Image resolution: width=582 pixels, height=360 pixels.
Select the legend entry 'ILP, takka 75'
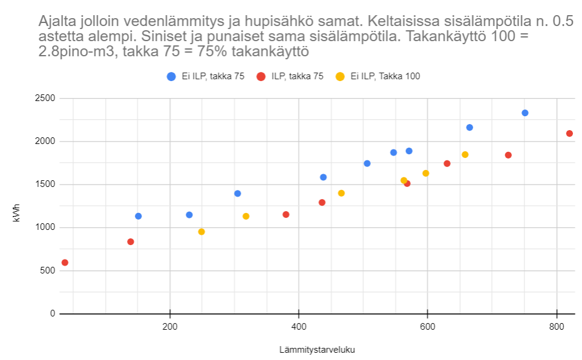[x=297, y=76]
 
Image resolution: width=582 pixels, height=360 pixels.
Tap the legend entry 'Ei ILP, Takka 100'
[x=385, y=76]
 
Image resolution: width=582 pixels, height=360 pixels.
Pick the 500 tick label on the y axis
[x=47, y=270]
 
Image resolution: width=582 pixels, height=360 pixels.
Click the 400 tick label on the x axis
[x=298, y=327]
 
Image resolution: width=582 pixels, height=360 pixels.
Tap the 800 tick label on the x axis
[x=556, y=327]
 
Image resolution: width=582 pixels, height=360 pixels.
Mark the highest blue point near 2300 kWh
[x=525, y=113]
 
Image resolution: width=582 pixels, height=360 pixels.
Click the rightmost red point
[x=569, y=134]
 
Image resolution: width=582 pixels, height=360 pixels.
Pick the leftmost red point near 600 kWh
[x=65, y=263]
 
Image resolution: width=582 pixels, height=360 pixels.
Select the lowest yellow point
[x=201, y=232]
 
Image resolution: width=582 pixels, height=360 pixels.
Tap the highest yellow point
[x=465, y=155]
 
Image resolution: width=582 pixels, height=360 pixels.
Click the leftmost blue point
[x=138, y=216]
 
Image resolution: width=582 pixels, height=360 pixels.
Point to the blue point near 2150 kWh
[x=469, y=128]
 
